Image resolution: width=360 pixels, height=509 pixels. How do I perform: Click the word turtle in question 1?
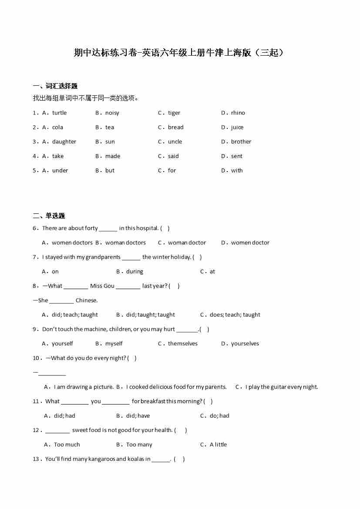[x=59, y=113]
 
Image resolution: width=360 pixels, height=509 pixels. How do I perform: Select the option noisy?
[x=112, y=113]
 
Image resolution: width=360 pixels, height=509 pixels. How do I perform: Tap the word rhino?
[x=238, y=113]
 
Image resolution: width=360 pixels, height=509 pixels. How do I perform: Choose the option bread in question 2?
[x=175, y=127]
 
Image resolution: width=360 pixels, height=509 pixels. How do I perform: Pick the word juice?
[x=237, y=127]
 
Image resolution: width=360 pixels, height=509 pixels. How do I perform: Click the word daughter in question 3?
[x=64, y=142]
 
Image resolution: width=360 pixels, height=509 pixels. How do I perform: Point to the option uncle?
[x=175, y=142]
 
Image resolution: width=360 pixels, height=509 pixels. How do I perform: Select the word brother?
[x=241, y=142]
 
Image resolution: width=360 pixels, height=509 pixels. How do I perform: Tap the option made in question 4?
[x=113, y=156]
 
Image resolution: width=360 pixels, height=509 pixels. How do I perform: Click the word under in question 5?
[x=60, y=170]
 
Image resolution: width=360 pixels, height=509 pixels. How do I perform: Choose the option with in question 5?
[x=237, y=170]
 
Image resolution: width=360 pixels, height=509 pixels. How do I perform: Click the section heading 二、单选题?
[x=49, y=216]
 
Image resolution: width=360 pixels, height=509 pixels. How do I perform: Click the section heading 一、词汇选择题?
[x=55, y=86]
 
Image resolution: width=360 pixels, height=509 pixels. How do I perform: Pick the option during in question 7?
[x=135, y=271]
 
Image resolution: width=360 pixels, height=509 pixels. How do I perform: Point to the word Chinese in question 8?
[x=86, y=300]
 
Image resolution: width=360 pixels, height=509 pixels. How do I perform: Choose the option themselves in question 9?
[x=182, y=344]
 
